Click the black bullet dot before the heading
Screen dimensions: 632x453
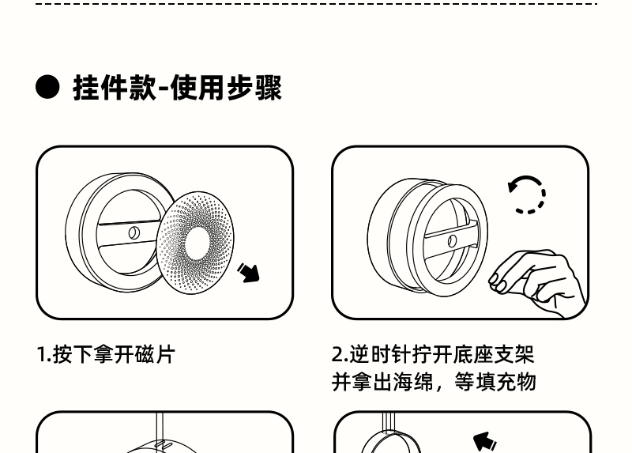[47, 87]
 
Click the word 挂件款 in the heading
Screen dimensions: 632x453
[115, 88]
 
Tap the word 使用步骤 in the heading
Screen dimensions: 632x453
[226, 88]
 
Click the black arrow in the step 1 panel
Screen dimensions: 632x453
[248, 273]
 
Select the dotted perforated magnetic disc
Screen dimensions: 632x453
[195, 243]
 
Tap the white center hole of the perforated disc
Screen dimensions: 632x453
[197, 243]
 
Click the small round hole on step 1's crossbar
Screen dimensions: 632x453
[134, 232]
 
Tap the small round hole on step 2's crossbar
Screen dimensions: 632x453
[452, 241]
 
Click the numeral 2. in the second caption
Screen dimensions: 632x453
[340, 355]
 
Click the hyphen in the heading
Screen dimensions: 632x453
[164, 89]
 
